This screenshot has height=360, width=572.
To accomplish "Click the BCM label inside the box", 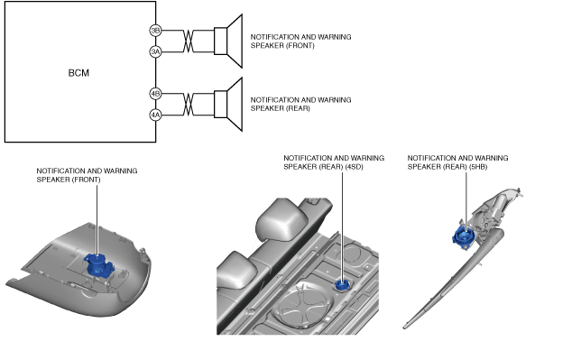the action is tap(78, 73).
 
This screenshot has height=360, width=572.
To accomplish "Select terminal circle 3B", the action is tap(155, 31).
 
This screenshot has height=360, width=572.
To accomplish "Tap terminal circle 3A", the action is tap(155, 51).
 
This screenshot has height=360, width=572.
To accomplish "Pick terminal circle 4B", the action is tap(155, 93).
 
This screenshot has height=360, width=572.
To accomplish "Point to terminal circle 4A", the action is tap(155, 115).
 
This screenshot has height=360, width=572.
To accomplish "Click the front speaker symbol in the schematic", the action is tap(228, 42).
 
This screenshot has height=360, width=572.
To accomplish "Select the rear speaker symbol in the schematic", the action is tap(228, 104).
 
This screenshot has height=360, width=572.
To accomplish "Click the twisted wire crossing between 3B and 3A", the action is tap(188, 42).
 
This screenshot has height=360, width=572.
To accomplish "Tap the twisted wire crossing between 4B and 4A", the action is tap(188, 105).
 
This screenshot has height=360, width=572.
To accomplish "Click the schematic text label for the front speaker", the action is tap(300, 42).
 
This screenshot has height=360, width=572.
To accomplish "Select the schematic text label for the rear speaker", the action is tap(300, 104).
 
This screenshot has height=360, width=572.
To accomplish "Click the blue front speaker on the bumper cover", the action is tap(98, 266).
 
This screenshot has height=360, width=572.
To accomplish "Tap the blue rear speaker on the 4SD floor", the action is tap(342, 285).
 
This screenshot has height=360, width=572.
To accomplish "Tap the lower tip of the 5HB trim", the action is tap(404, 328).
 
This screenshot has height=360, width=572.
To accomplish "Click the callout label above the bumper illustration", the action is tap(87, 175).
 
